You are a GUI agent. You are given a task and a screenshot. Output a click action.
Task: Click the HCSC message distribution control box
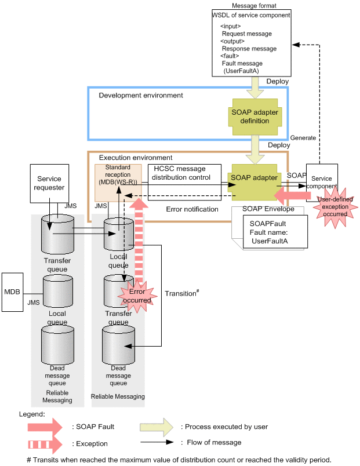click(x=184, y=173)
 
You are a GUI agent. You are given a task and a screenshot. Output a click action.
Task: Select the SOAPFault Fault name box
click(x=274, y=231)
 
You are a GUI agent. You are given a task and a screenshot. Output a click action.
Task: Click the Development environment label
click(x=140, y=95)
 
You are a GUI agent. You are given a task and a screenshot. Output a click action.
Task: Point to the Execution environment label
click(x=136, y=158)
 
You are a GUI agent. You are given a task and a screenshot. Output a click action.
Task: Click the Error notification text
click(x=192, y=209)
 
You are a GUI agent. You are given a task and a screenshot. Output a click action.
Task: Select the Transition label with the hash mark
click(x=182, y=293)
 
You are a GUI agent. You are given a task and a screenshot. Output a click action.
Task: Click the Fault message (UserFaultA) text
click(x=242, y=67)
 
